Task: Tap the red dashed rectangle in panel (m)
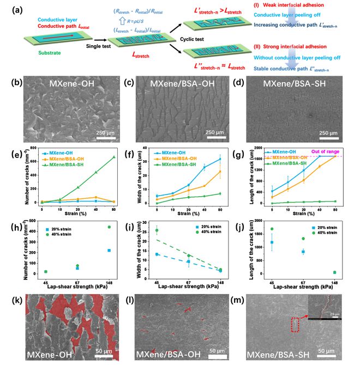pos(296,325)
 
